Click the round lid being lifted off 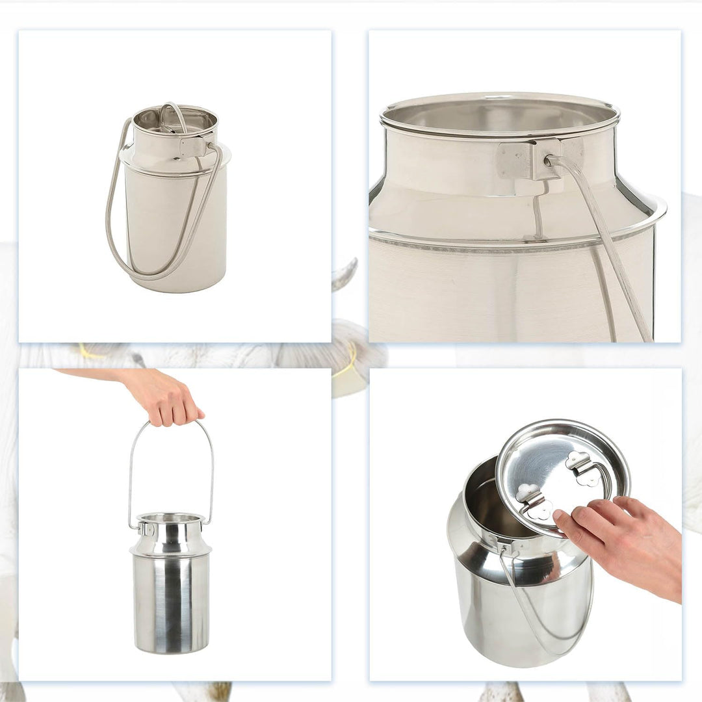563,474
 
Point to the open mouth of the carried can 171,518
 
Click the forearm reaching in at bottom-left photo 97,375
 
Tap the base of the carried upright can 172,649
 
